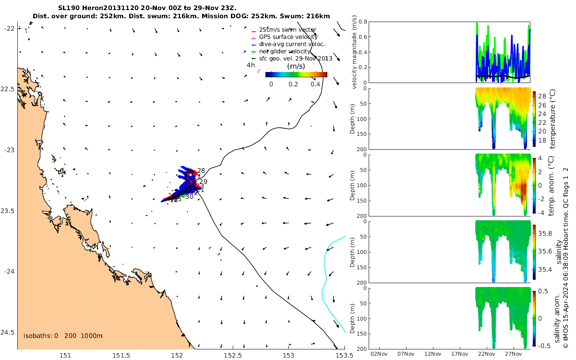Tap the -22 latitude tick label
[10, 28]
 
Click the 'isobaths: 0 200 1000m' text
[62, 336]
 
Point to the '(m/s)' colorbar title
[296, 66]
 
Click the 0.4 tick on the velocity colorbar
[315, 84]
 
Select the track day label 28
[201, 171]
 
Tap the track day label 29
[203, 182]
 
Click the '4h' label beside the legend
[251, 65]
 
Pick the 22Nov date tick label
[487, 354]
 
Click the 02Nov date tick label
[380, 354]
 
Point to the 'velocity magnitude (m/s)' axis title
[355, 52]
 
